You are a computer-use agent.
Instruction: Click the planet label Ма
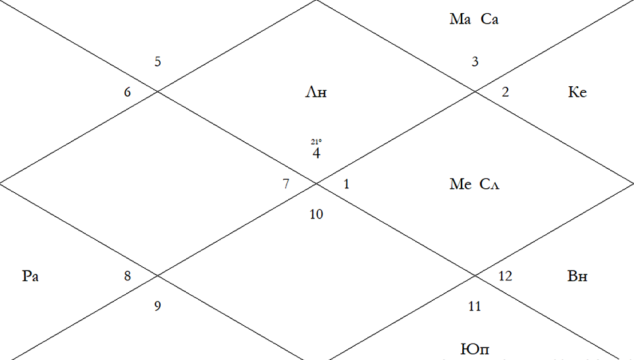click(460, 19)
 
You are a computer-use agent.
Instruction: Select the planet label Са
click(490, 19)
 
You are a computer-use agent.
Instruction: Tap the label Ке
click(577, 92)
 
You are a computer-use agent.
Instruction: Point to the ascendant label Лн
click(316, 93)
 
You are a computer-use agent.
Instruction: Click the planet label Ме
click(460, 184)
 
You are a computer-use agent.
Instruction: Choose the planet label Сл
click(490, 184)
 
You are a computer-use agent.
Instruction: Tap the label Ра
click(30, 276)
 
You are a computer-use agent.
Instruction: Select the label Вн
click(577, 276)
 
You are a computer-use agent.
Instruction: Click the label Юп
click(475, 349)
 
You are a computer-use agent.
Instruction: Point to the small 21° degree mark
click(316, 141)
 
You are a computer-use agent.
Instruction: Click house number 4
click(316, 153)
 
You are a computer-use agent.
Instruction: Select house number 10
click(316, 214)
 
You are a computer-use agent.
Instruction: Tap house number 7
click(286, 184)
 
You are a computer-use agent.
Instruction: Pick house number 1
click(346, 184)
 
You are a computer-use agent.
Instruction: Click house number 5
click(158, 62)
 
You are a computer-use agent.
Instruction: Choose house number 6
click(127, 92)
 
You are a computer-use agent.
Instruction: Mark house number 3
click(475, 62)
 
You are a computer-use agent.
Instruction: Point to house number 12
click(506, 276)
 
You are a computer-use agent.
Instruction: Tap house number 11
click(475, 306)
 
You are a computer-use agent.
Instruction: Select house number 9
click(158, 306)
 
